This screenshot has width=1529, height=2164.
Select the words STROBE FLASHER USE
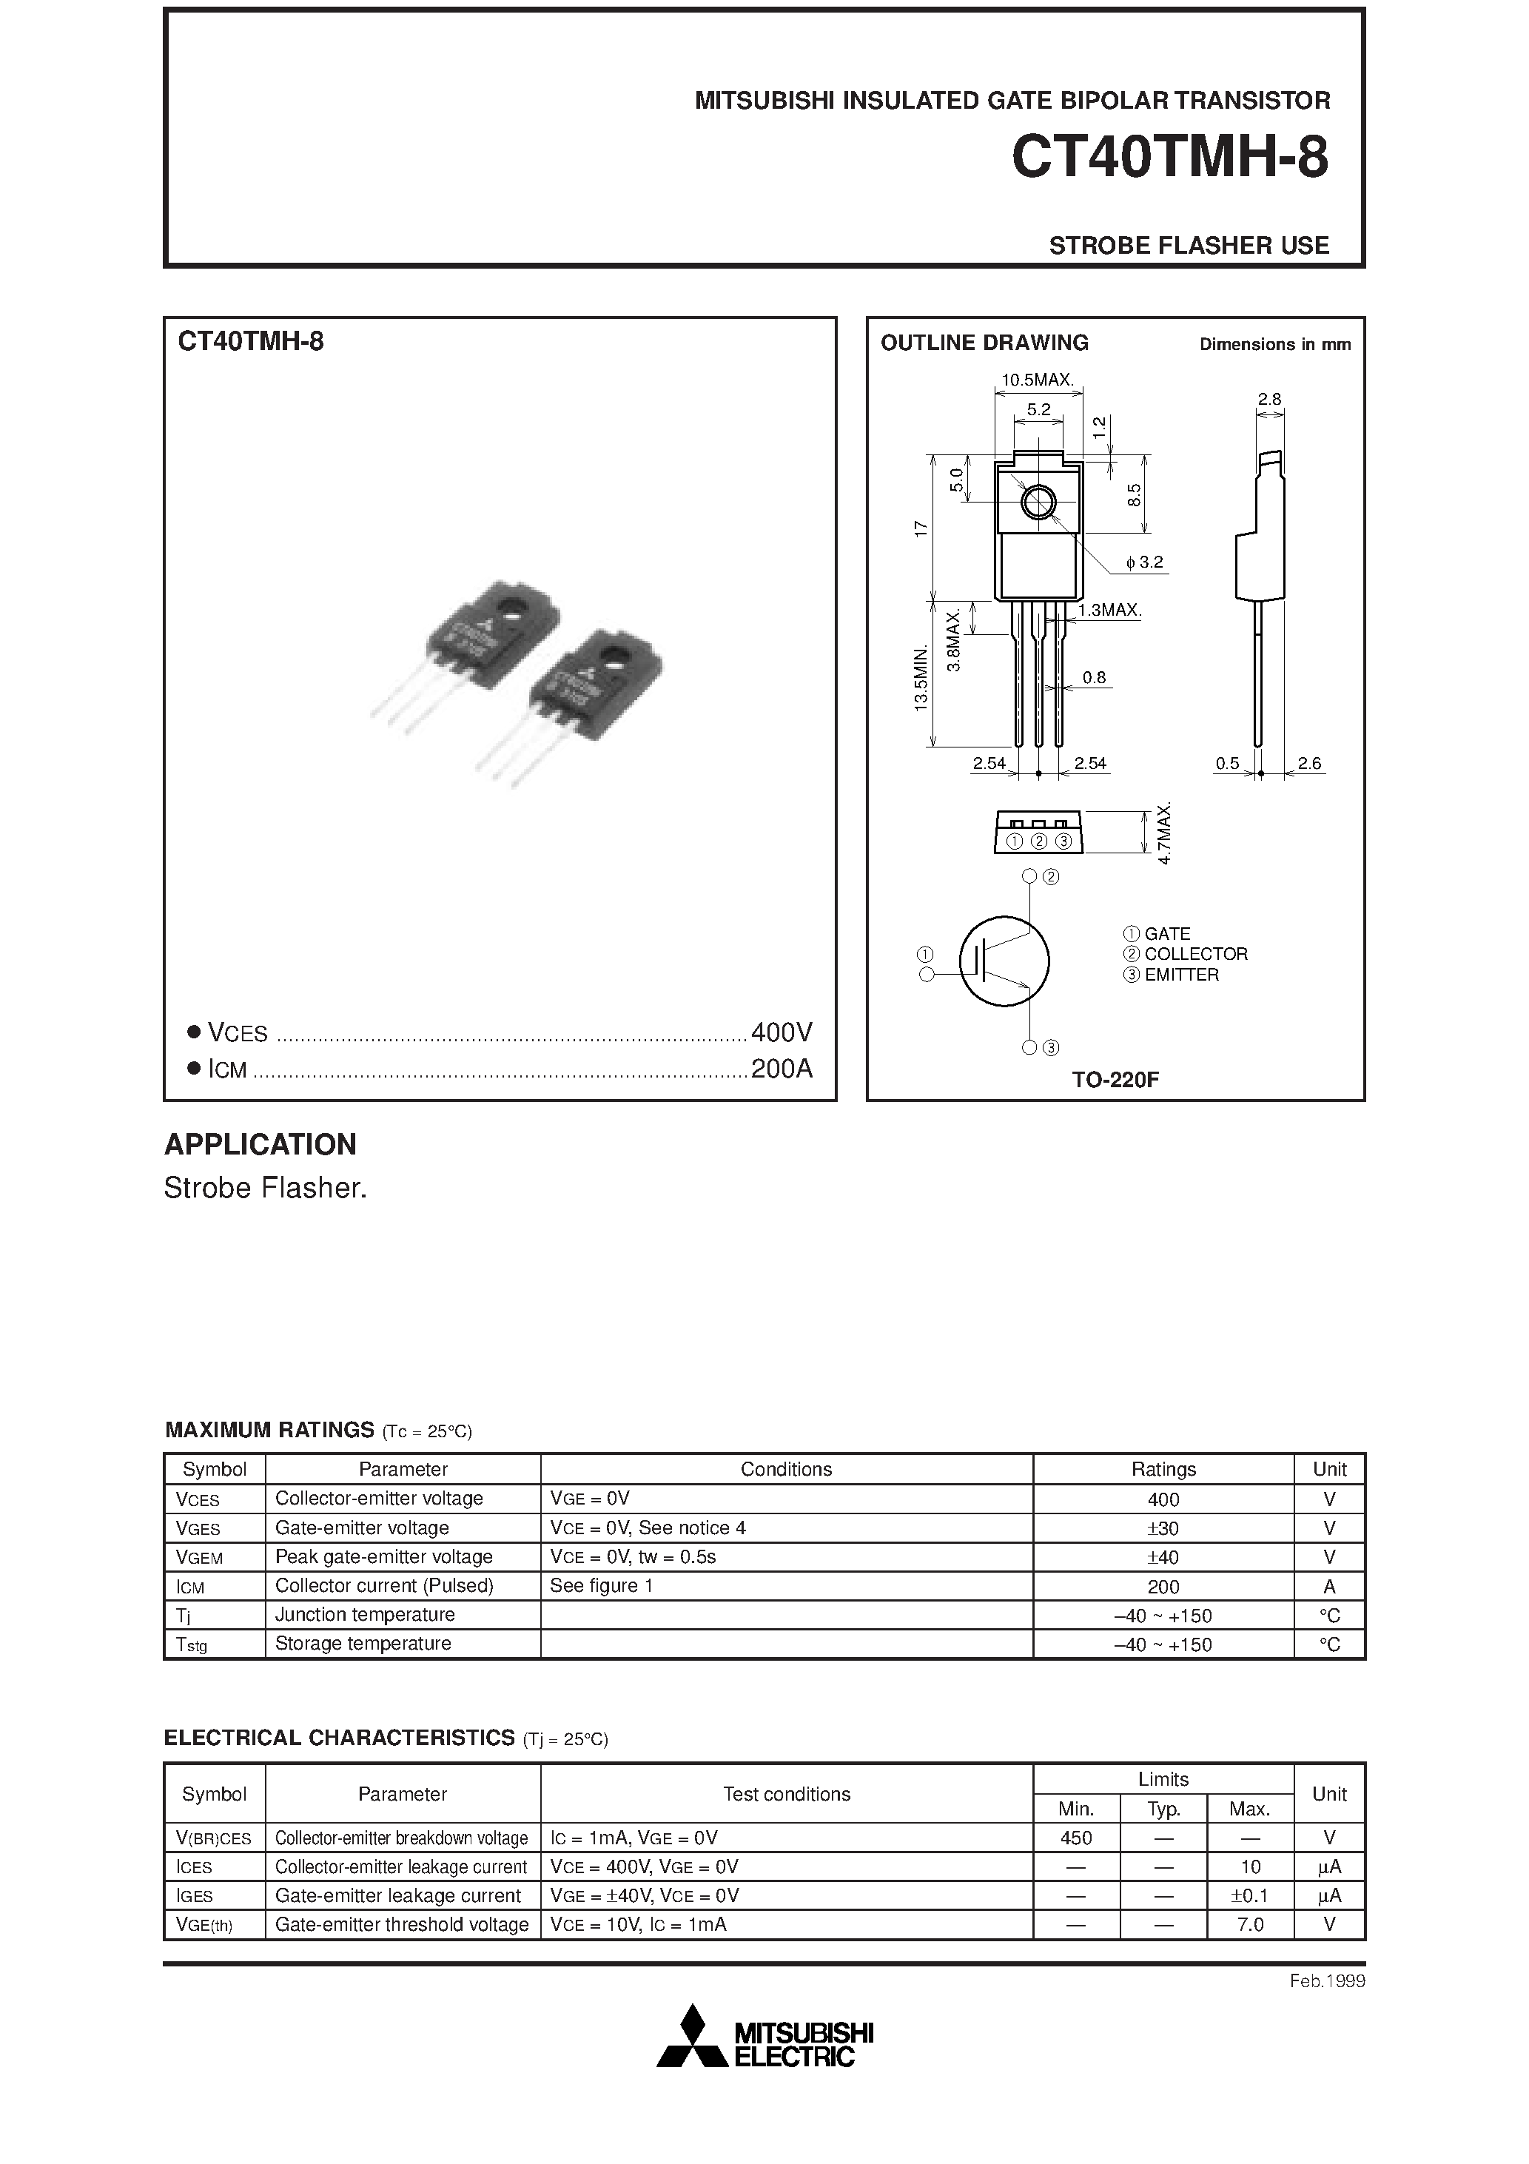pyautogui.click(x=1188, y=245)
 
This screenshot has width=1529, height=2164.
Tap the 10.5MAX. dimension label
pyautogui.click(x=1037, y=380)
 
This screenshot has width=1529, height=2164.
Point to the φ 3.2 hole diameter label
pyautogui.click(x=1144, y=562)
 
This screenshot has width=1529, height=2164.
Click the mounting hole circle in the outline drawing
pyautogui.click(x=1039, y=503)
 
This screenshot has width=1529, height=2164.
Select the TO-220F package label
pyautogui.click(x=1115, y=1080)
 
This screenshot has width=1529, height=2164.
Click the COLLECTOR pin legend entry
pyautogui.click(x=1194, y=954)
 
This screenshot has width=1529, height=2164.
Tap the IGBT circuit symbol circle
pyautogui.click(x=1004, y=961)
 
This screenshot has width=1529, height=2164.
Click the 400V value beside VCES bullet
pyautogui.click(x=782, y=1033)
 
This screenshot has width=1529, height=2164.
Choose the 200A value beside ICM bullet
pyautogui.click(x=782, y=1069)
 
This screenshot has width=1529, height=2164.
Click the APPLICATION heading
pyautogui.click(x=261, y=1144)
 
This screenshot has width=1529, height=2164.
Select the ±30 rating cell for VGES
pyautogui.click(x=1163, y=1528)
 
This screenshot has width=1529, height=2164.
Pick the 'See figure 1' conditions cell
pyautogui.click(x=602, y=1585)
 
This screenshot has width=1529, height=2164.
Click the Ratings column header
pyautogui.click(x=1163, y=1468)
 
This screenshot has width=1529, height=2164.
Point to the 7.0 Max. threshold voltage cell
pyautogui.click(x=1250, y=1923)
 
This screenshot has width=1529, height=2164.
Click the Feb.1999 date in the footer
pyautogui.click(x=1327, y=1980)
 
